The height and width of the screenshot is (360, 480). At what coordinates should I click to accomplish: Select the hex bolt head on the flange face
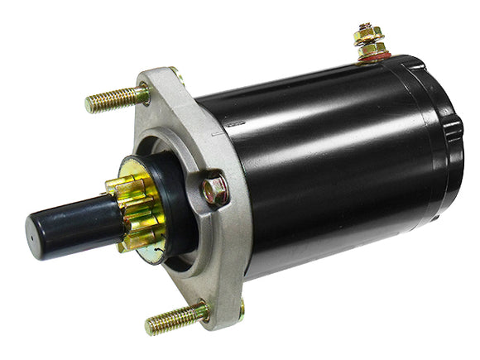coord(214,190)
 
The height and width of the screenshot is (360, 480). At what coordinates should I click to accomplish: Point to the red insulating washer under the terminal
coord(373,59)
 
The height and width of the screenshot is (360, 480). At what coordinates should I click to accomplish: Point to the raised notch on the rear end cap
coord(454,132)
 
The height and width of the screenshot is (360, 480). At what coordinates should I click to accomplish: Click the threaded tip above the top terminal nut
coord(364,26)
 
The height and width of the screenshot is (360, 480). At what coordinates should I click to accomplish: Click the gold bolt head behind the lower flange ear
coord(241,310)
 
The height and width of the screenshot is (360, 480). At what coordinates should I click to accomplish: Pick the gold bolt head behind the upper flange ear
coord(176,74)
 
